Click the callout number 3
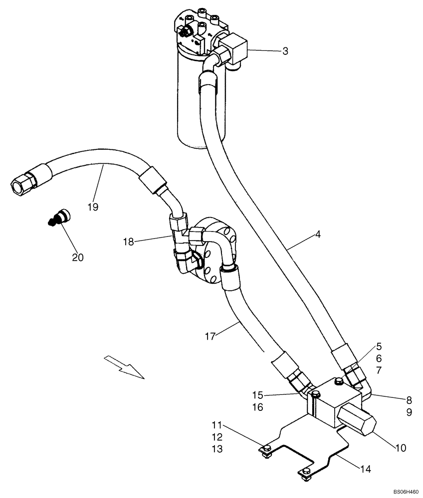285,51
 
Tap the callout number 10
401,448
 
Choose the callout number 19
93,207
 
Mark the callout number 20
78,257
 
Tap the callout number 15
257,394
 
